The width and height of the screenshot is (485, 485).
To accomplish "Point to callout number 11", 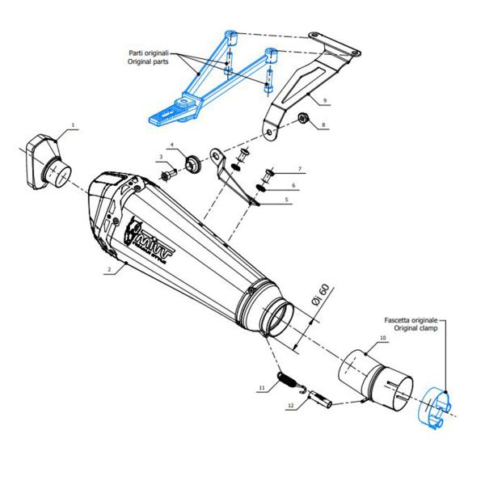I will click(x=262, y=389).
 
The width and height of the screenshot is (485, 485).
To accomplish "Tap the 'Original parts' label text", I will click(x=148, y=61).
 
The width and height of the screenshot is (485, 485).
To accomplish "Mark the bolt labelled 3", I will click(x=168, y=173).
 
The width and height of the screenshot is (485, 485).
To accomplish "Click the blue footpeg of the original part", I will click(x=166, y=112).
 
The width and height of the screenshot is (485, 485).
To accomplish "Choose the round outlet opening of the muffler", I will click(x=278, y=317).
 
